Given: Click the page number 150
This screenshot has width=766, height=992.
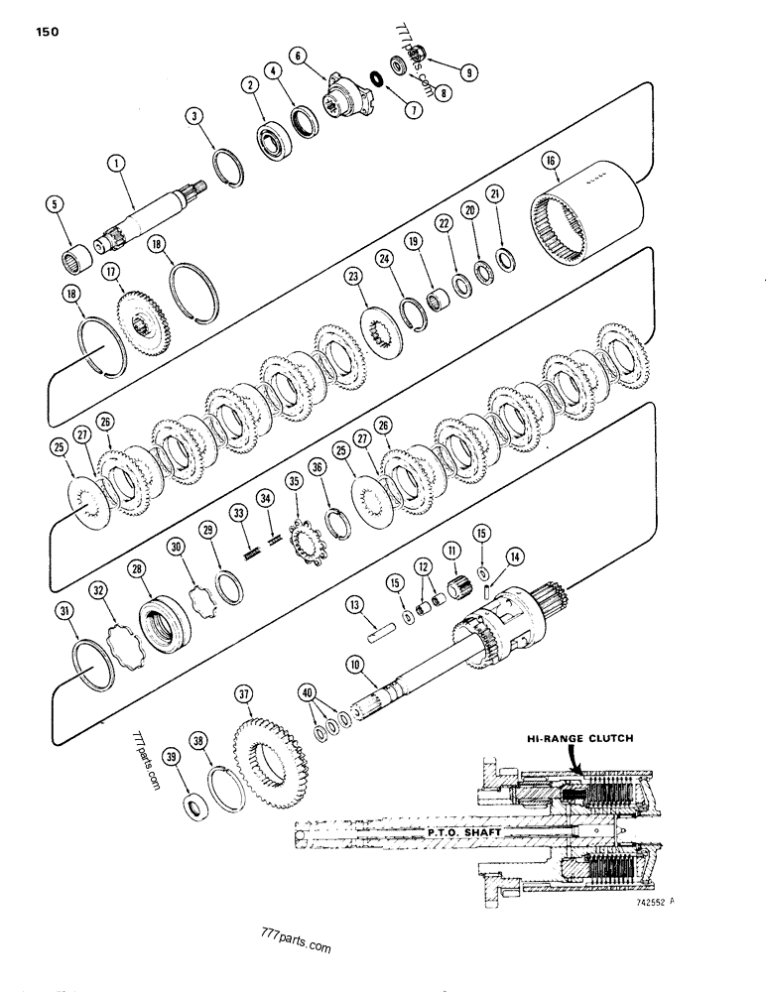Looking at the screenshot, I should [x=46, y=32].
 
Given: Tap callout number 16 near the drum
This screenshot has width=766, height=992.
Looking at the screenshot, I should [x=550, y=161].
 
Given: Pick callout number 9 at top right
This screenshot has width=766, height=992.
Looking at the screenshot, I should [x=467, y=70].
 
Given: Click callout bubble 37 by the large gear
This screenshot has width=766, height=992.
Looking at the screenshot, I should [x=244, y=692].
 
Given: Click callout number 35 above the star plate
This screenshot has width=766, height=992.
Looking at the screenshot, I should [x=292, y=481].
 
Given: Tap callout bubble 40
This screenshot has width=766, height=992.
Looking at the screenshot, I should [x=308, y=690].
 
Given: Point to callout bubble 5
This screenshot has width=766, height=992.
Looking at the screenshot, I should [x=58, y=206].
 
